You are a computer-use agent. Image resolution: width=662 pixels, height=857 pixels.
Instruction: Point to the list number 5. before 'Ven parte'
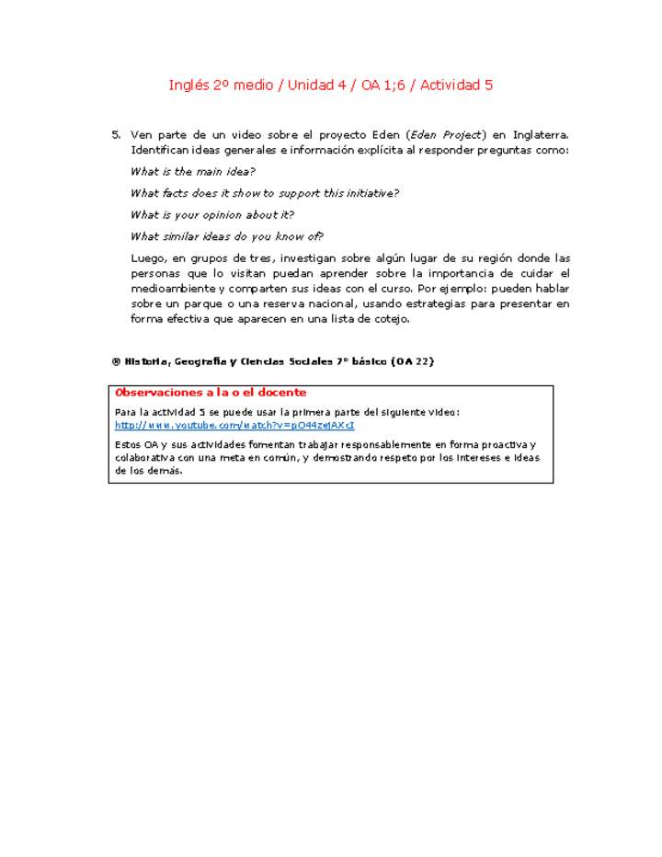(x=117, y=135)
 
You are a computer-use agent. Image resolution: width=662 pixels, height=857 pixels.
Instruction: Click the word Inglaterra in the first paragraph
(x=541, y=135)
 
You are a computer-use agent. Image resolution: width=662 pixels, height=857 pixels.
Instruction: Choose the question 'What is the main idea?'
(x=193, y=171)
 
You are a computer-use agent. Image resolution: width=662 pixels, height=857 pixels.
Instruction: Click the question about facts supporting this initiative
(x=265, y=193)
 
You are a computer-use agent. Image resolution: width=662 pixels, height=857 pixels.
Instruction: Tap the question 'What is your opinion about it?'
(x=212, y=214)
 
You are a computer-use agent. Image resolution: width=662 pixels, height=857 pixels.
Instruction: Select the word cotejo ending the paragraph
(x=391, y=318)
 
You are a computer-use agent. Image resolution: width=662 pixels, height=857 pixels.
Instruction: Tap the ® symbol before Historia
(x=117, y=361)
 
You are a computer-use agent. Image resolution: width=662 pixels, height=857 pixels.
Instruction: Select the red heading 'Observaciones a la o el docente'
(x=211, y=393)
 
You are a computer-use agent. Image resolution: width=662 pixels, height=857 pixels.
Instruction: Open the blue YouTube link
(x=234, y=426)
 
